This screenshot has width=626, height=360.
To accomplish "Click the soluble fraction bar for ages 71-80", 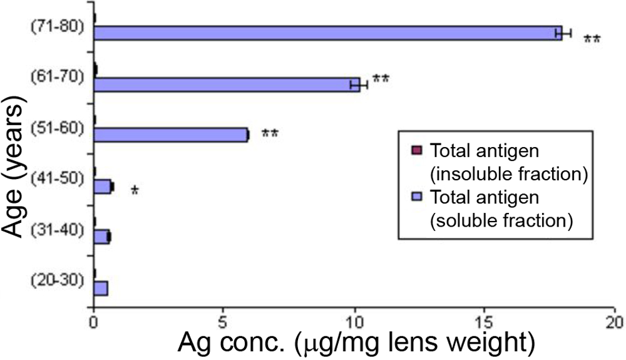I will [x=326, y=33].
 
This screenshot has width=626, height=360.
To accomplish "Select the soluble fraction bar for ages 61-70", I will [x=225, y=85].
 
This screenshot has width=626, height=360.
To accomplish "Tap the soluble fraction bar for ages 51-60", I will [x=170, y=135].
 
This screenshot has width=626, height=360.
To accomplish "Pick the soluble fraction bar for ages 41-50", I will [x=103, y=186].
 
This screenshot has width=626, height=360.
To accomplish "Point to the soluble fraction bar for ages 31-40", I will [x=101, y=237].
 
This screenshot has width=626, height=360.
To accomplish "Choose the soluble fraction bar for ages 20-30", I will [x=100, y=288].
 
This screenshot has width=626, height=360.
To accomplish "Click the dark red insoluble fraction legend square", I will [x=418, y=151].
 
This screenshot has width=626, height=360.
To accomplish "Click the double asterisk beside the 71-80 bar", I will [x=592, y=40].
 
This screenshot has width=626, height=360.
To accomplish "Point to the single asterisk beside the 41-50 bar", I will [x=134, y=189].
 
